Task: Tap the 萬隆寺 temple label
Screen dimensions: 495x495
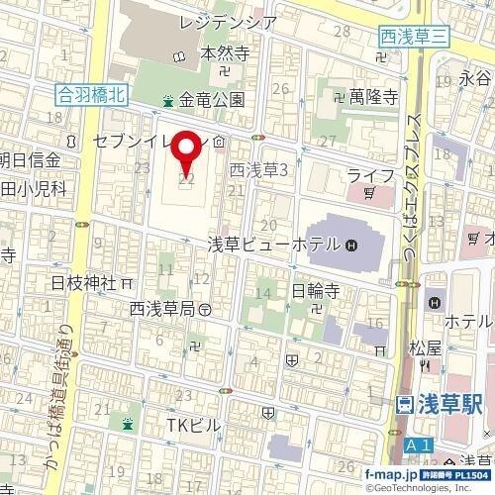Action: [x=372, y=97]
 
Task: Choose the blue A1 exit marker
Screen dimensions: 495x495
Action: [x=419, y=448]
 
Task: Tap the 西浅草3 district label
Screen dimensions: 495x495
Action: [x=257, y=170]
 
